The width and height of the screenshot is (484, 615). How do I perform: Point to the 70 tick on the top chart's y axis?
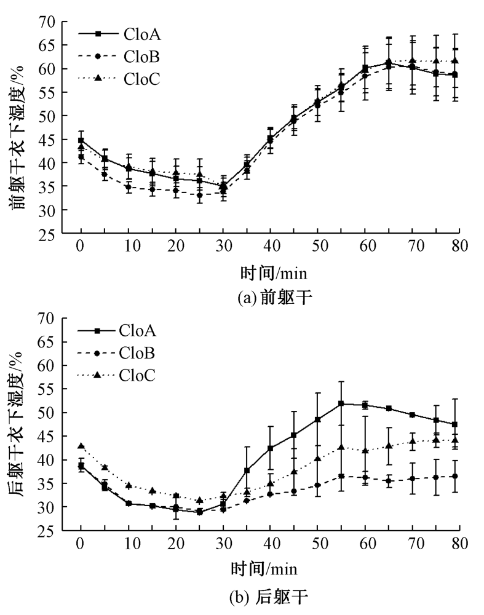click(49, 22)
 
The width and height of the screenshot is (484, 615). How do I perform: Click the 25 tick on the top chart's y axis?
click(49, 234)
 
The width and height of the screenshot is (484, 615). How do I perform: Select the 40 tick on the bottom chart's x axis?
click(270, 544)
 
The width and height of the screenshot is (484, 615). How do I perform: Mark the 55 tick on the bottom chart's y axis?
click(49, 389)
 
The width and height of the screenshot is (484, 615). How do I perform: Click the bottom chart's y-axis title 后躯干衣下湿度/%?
click(19, 424)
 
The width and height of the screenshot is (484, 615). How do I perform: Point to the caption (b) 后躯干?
click(269, 595)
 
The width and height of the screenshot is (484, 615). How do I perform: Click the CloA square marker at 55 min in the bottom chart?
click(341, 404)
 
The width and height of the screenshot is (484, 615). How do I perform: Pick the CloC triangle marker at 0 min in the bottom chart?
click(81, 446)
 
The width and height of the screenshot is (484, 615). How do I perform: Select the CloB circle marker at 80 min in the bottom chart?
click(456, 476)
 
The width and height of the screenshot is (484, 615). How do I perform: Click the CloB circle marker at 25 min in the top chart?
click(199, 196)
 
